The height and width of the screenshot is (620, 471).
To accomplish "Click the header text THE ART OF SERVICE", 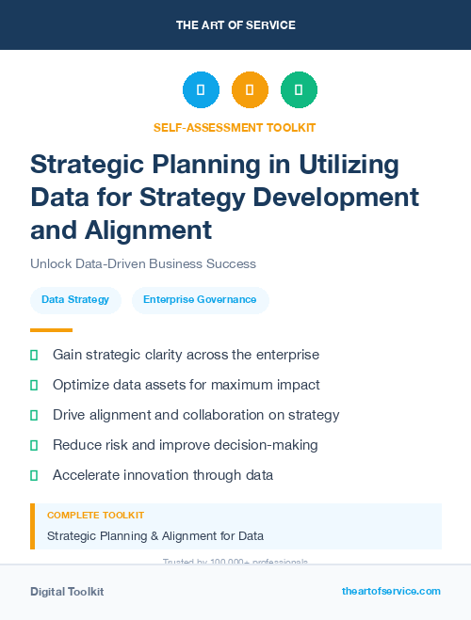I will click(235, 24).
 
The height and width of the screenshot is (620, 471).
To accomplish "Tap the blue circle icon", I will click(201, 90).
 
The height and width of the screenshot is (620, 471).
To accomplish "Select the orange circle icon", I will click(250, 90).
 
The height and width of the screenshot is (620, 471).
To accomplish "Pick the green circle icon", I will click(299, 90).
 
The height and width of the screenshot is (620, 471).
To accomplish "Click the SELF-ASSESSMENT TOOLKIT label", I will click(235, 127).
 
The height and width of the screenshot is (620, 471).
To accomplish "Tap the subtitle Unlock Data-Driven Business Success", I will click(143, 264).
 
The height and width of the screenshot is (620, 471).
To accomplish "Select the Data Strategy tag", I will click(75, 300).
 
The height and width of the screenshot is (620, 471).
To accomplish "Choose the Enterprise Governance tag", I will click(200, 300).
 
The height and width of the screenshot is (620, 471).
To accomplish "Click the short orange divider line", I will click(51, 330).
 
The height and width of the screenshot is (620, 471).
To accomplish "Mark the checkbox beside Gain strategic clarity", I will click(34, 356).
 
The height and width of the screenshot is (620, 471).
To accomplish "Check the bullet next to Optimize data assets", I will click(34, 386).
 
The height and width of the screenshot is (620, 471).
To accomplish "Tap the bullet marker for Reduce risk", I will click(34, 445).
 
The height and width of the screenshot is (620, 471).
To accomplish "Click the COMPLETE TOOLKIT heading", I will click(96, 516).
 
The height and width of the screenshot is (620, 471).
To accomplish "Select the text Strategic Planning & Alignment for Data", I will click(155, 536).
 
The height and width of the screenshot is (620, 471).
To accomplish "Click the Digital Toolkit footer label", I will click(67, 592).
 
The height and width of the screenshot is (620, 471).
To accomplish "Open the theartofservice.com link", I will click(391, 591).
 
